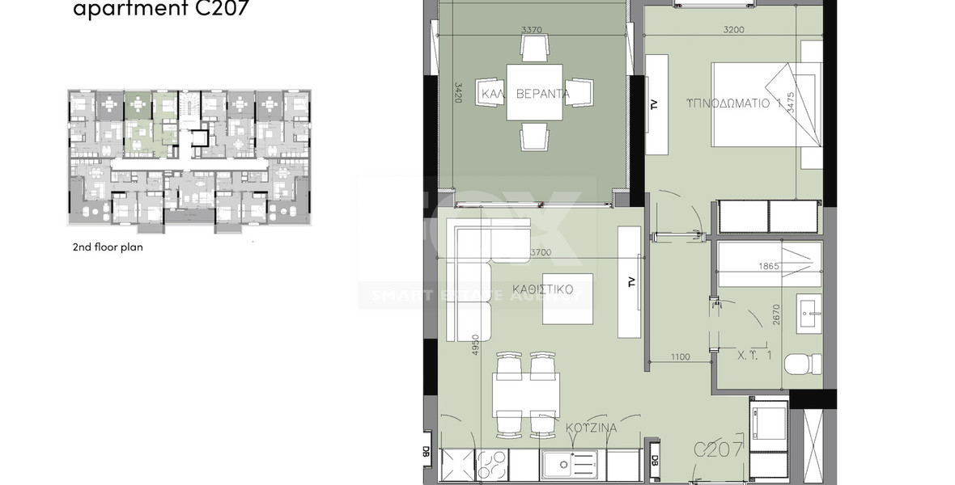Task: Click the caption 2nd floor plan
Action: [x=108, y=247]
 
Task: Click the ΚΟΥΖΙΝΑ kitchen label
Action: [x=592, y=428]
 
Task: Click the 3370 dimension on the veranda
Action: [x=532, y=30]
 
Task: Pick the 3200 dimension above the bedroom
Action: [x=733, y=30]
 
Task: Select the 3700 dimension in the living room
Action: [x=540, y=253]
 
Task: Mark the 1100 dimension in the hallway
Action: [x=681, y=356]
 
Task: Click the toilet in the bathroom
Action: [x=802, y=365]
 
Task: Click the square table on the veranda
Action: [x=535, y=92]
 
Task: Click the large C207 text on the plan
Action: [x=719, y=450]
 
